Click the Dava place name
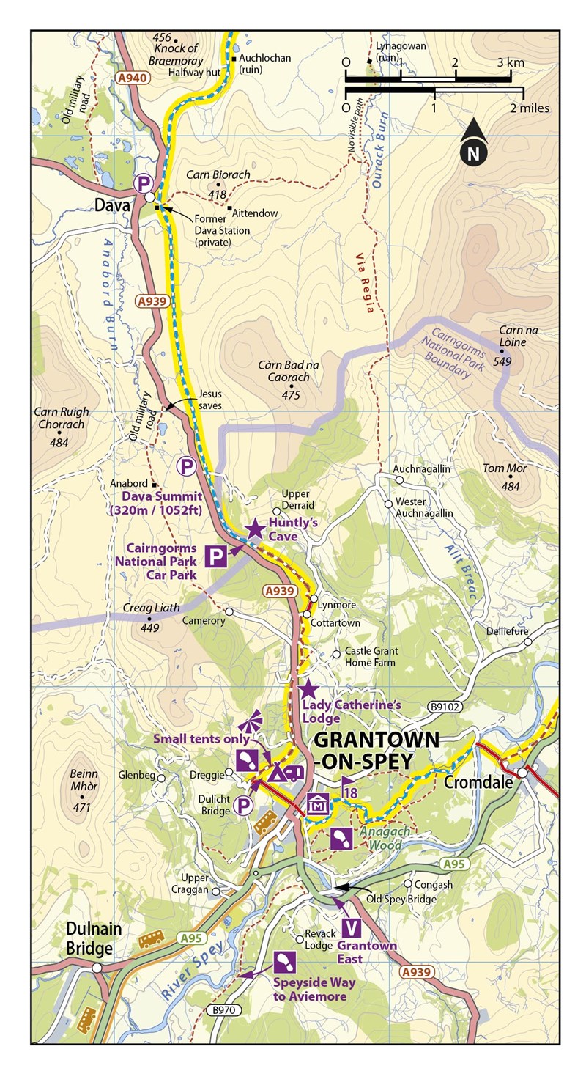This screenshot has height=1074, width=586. pyautogui.click(x=111, y=207)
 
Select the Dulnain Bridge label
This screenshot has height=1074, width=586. pyautogui.click(x=89, y=938)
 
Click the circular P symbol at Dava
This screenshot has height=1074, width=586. pyautogui.click(x=144, y=183)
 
